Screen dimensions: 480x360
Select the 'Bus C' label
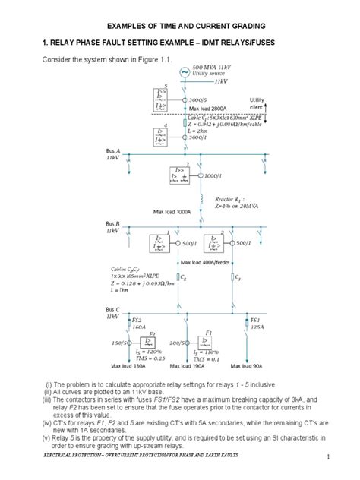[113, 312]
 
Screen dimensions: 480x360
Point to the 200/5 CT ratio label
[181, 343]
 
